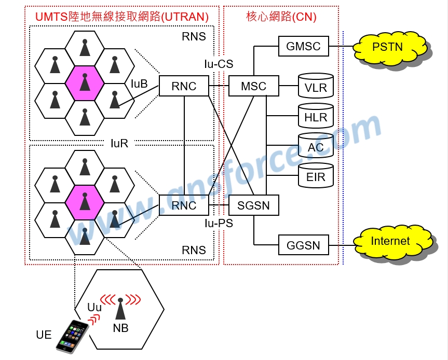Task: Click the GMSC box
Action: tap(304, 47)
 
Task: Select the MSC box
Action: tap(253, 86)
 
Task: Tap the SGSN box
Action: tap(253, 205)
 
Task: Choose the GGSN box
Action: tap(304, 245)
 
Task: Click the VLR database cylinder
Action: tap(316, 86)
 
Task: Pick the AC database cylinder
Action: tap(316, 147)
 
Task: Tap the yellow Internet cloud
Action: tap(390, 241)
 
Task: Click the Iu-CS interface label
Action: tap(219, 64)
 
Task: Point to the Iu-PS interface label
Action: tap(219, 224)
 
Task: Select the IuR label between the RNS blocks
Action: tap(119, 144)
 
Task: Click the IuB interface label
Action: tap(139, 84)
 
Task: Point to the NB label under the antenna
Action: tap(120, 328)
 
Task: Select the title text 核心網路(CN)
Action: tap(281, 17)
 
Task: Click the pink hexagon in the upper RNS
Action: tap(85, 83)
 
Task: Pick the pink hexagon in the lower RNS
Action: tap(85, 202)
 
